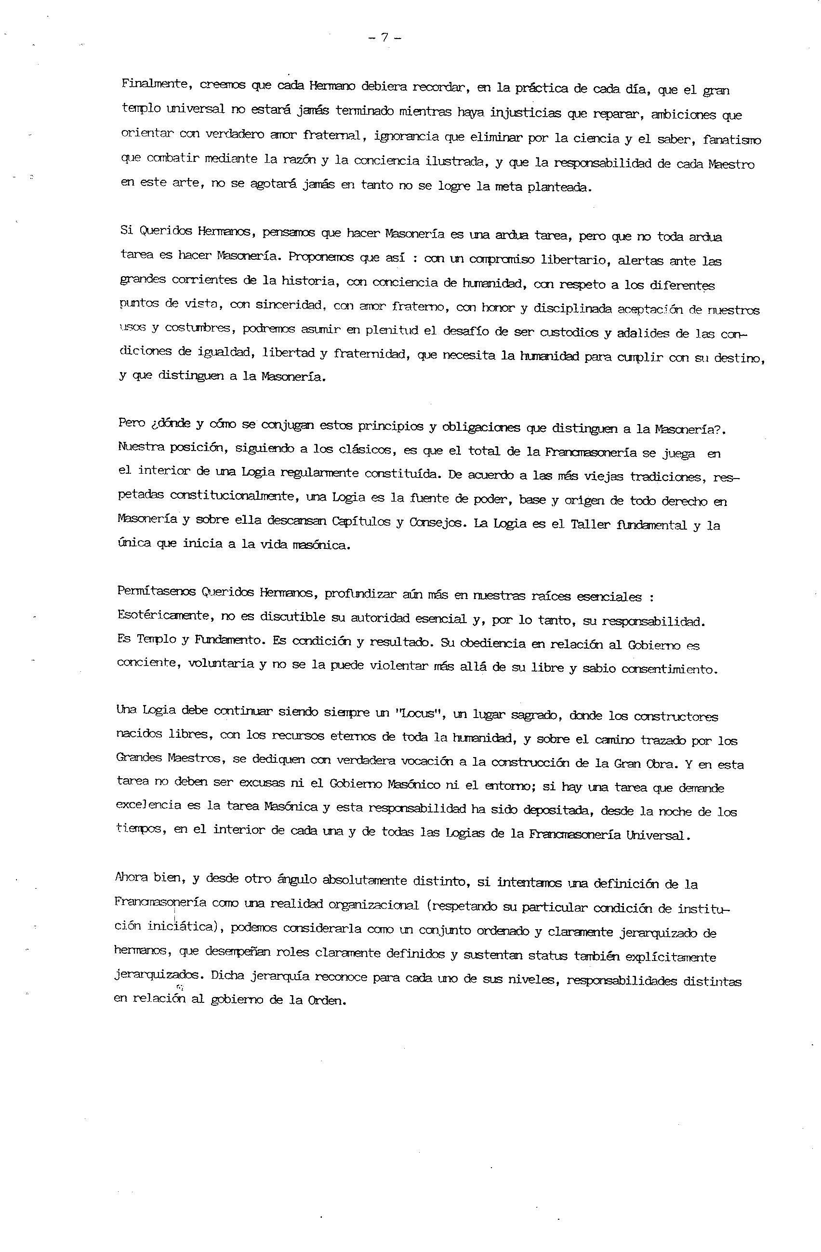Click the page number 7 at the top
[385, 38]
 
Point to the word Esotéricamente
[156, 615]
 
